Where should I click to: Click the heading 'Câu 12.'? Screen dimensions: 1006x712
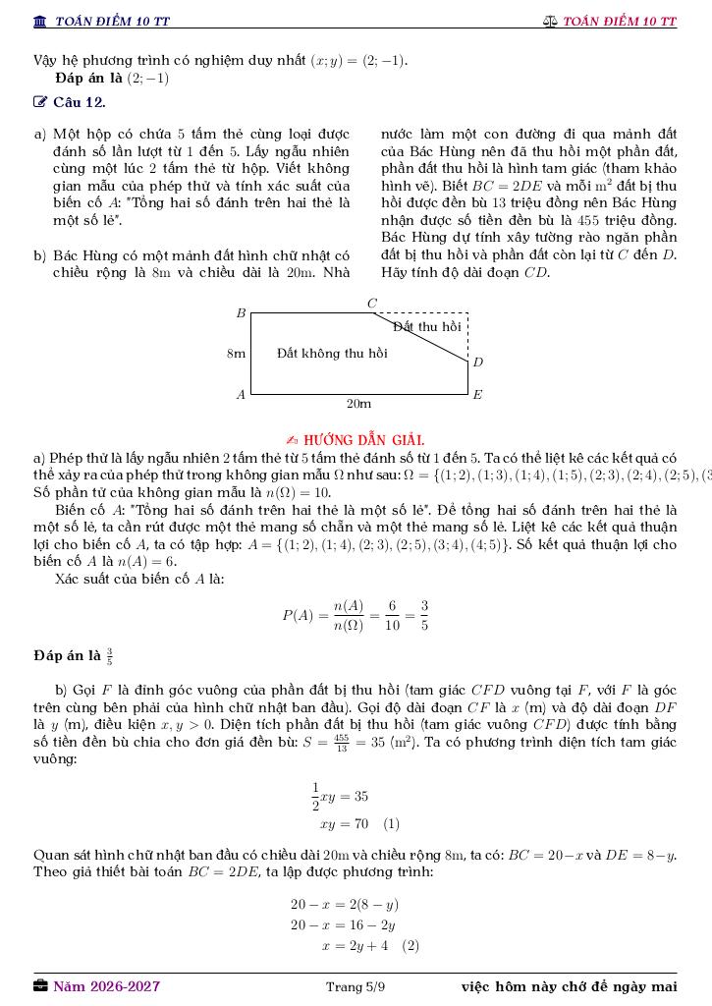tap(80, 102)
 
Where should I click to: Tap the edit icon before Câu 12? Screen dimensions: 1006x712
tap(40, 102)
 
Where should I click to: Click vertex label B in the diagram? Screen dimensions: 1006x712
tap(241, 313)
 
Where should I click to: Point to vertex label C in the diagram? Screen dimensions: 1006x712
tap(371, 304)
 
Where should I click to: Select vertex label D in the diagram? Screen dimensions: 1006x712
tap(478, 363)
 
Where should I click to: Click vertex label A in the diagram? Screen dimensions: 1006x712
tap(241, 394)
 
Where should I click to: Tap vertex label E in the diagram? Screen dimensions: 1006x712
tap(477, 394)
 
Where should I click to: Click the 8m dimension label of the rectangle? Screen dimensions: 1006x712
tap(236, 354)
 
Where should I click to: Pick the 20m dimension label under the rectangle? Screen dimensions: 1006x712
tap(358, 404)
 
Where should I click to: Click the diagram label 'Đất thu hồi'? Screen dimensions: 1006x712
tap(426, 326)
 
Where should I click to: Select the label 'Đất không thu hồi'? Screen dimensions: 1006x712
tap(332, 354)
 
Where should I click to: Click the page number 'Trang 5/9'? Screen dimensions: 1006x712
tap(356, 986)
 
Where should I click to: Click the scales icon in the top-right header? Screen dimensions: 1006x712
tap(550, 21)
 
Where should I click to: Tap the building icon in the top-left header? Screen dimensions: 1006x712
tap(40, 21)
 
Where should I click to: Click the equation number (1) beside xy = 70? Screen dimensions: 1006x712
tap(391, 824)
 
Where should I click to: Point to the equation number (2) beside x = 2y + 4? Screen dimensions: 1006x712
tap(411, 946)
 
